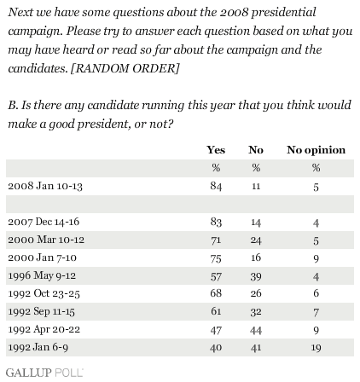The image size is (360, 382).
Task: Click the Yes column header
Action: (x=216, y=150)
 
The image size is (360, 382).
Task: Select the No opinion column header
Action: (x=316, y=150)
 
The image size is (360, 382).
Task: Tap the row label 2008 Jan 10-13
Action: (x=45, y=186)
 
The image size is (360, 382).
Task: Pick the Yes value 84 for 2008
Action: (x=216, y=186)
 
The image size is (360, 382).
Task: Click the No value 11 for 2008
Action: (x=256, y=187)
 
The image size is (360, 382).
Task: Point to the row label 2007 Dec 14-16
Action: (x=44, y=222)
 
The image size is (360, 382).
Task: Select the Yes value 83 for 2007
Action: (x=216, y=222)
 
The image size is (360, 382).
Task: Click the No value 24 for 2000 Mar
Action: (x=256, y=240)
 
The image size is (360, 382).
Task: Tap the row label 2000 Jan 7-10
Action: (x=43, y=258)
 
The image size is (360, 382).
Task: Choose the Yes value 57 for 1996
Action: (x=216, y=276)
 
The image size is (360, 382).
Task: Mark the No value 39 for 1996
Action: (x=256, y=276)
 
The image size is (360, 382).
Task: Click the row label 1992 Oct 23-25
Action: (x=44, y=293)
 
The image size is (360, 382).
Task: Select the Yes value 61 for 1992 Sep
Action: (x=216, y=311)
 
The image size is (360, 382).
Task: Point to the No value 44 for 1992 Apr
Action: (x=256, y=330)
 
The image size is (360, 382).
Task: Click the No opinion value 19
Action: (x=316, y=348)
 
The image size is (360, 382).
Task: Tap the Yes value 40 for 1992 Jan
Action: (x=216, y=348)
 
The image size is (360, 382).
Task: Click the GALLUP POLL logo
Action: (x=44, y=373)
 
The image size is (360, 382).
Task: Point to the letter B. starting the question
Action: (x=13, y=105)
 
